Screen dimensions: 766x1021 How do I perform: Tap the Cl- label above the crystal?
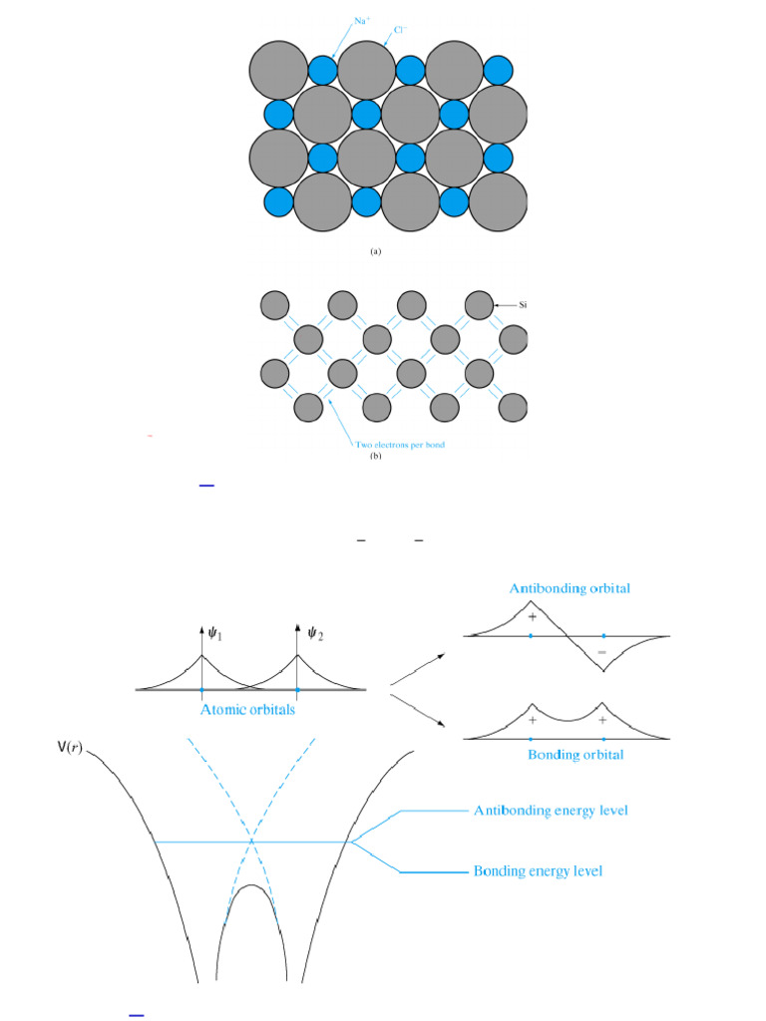(399, 30)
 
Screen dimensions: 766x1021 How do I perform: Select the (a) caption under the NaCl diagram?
(375, 252)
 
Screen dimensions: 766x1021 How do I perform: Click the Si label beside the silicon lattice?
(521, 305)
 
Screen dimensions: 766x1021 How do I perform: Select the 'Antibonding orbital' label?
(570, 588)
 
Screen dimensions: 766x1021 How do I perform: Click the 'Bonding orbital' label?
(574, 755)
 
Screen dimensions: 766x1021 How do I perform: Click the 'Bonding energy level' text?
(538, 871)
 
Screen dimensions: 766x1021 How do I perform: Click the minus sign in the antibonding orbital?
(601, 651)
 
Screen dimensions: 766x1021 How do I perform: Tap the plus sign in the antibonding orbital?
(532, 618)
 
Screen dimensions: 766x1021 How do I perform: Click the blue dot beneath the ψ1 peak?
(201, 690)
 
